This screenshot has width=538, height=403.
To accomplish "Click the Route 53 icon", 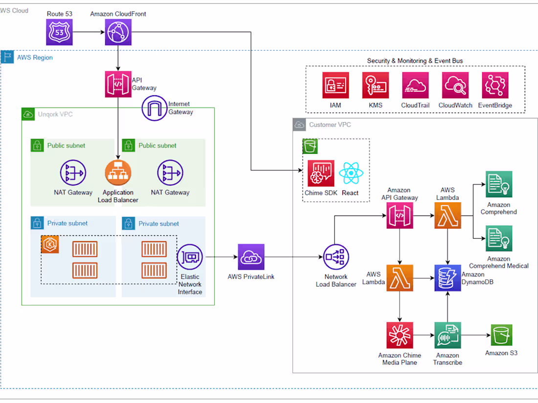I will pos(60,33).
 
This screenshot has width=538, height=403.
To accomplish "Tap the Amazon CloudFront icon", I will pos(118,33).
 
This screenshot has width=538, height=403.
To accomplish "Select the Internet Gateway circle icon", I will pos(155,108).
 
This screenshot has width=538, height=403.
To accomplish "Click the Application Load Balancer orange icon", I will pos(118,172).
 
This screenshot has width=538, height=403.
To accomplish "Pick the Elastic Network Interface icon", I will pos(190,257).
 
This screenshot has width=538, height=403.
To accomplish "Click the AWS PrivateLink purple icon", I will pos(251,257).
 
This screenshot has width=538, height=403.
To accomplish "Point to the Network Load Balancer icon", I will pos(336,257).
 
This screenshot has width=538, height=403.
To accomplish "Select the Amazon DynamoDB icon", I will pos(448,279).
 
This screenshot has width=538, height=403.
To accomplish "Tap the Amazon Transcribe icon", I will pos(448,335).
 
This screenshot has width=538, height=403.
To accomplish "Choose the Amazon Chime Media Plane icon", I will pos(400,335).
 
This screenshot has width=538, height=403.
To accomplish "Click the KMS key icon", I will pos(376,85).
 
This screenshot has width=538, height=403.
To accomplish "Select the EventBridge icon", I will pos(495,85).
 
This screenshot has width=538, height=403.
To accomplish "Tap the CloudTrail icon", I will pos(415,85).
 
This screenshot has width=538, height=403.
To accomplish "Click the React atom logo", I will pos(350,173).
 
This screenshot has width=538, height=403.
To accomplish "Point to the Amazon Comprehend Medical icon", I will pos(499,239).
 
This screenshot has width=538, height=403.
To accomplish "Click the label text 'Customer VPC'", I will pos(330,125).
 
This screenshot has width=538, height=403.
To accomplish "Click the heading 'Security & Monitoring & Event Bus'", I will pos(415,61).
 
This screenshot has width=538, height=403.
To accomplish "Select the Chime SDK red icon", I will pos(321,173).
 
